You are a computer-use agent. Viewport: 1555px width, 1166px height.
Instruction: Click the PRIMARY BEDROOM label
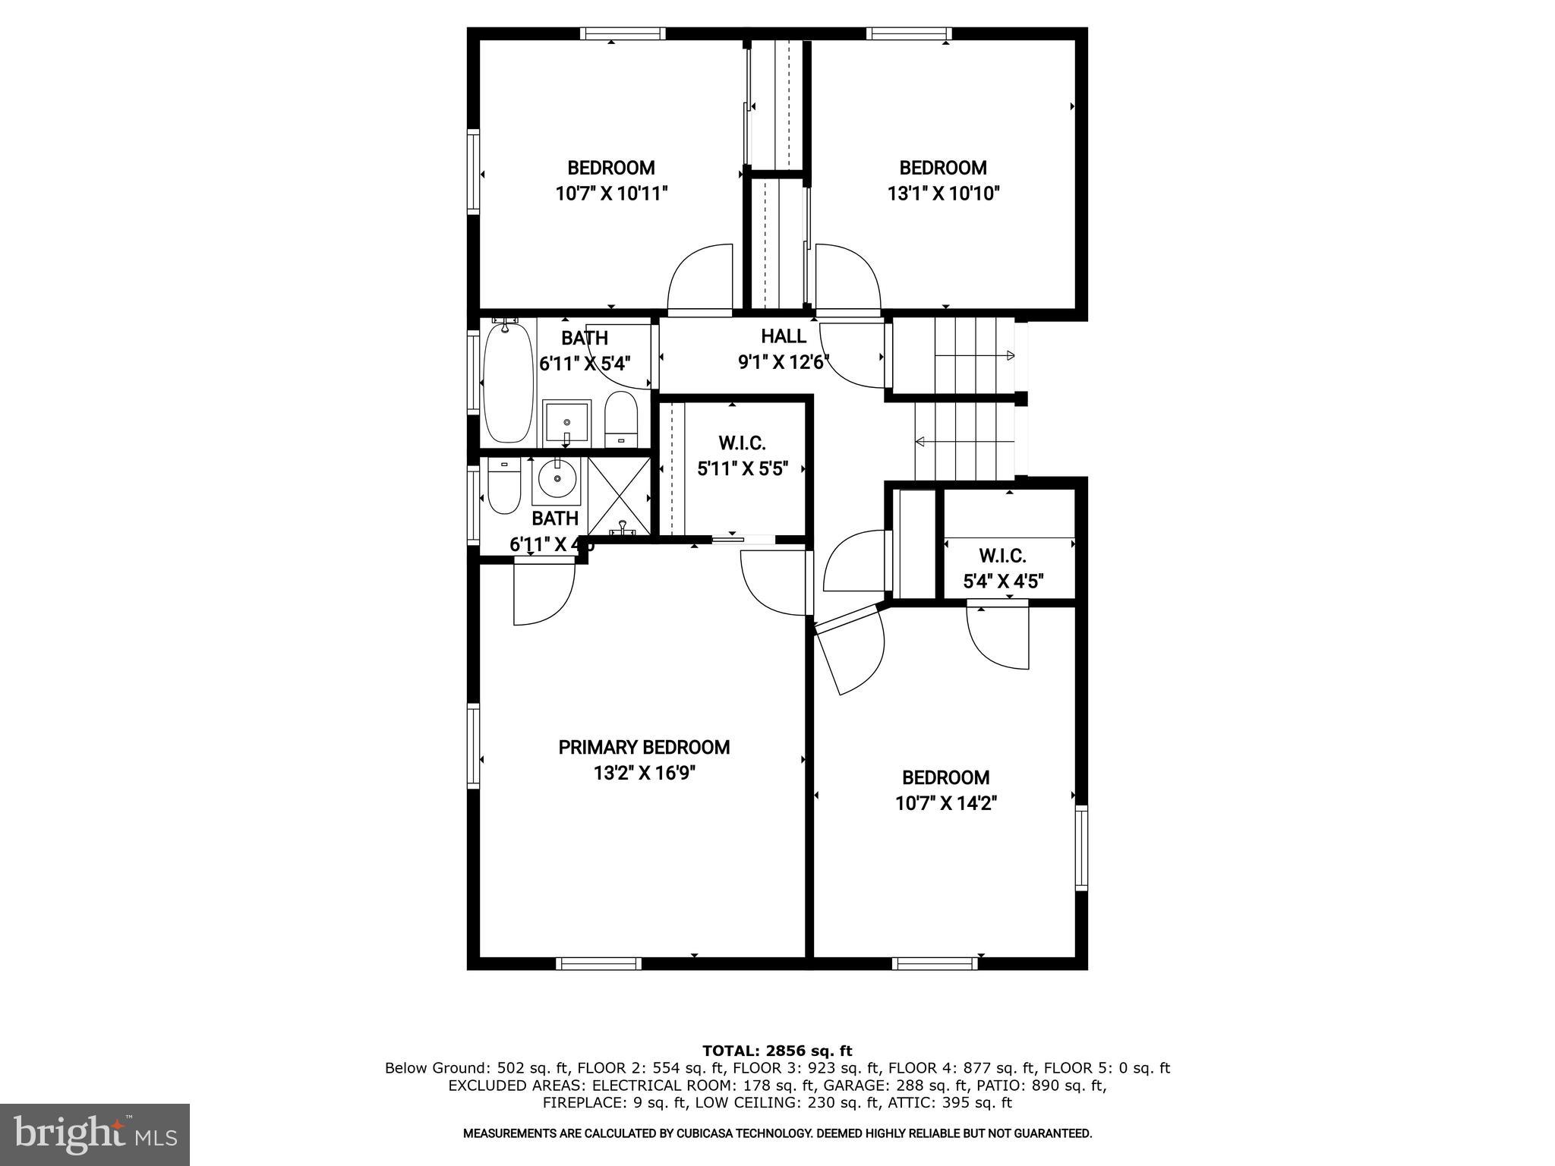pyautogui.click(x=644, y=747)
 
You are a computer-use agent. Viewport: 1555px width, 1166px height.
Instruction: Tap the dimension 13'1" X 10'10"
pyautogui.click(x=943, y=194)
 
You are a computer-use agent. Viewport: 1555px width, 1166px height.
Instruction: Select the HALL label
pyautogui.click(x=783, y=336)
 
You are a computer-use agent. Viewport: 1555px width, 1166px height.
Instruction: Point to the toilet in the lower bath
pyautogui.click(x=503, y=486)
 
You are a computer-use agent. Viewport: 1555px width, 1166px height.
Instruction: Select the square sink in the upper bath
pyautogui.click(x=566, y=424)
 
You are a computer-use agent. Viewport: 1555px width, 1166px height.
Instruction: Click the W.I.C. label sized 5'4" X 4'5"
pyautogui.click(x=1002, y=556)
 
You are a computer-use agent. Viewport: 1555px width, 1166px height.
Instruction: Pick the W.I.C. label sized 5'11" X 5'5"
pyautogui.click(x=742, y=443)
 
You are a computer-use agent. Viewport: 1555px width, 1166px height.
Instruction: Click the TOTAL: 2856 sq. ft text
pyautogui.click(x=777, y=1051)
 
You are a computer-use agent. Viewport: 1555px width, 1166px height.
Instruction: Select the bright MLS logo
pyautogui.click(x=95, y=1134)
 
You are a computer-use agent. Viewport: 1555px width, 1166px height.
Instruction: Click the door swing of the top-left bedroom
pyautogui.click(x=700, y=279)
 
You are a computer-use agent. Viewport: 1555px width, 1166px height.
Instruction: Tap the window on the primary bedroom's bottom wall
pyautogui.click(x=598, y=963)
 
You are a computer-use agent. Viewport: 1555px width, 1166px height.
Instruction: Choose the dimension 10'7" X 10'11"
pyautogui.click(x=611, y=194)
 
